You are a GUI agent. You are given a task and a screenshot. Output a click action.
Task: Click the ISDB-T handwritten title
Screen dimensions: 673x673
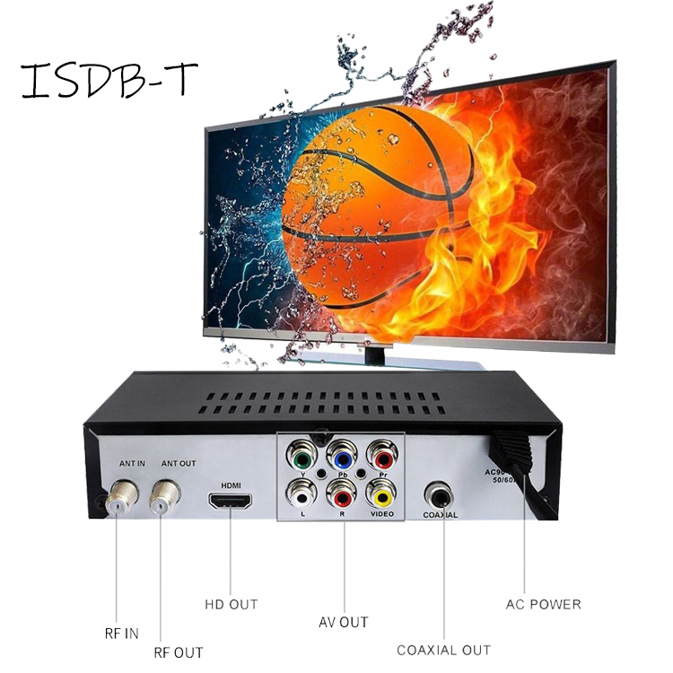(108, 80)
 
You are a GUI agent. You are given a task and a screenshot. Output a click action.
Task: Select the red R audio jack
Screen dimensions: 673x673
(341, 494)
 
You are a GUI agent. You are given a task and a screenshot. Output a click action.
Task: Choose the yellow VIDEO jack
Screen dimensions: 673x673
(383, 494)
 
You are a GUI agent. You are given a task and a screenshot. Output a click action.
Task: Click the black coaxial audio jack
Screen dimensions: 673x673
(441, 495)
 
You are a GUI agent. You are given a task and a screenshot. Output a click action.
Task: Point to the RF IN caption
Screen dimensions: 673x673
(120, 634)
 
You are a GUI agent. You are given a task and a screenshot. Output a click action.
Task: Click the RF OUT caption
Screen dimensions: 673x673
(178, 652)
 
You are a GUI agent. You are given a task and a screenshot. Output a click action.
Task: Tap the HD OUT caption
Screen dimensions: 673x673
(230, 604)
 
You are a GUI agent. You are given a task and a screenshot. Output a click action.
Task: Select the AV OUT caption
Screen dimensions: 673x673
(343, 622)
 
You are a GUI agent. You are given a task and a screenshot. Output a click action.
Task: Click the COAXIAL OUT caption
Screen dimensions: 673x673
(443, 650)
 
